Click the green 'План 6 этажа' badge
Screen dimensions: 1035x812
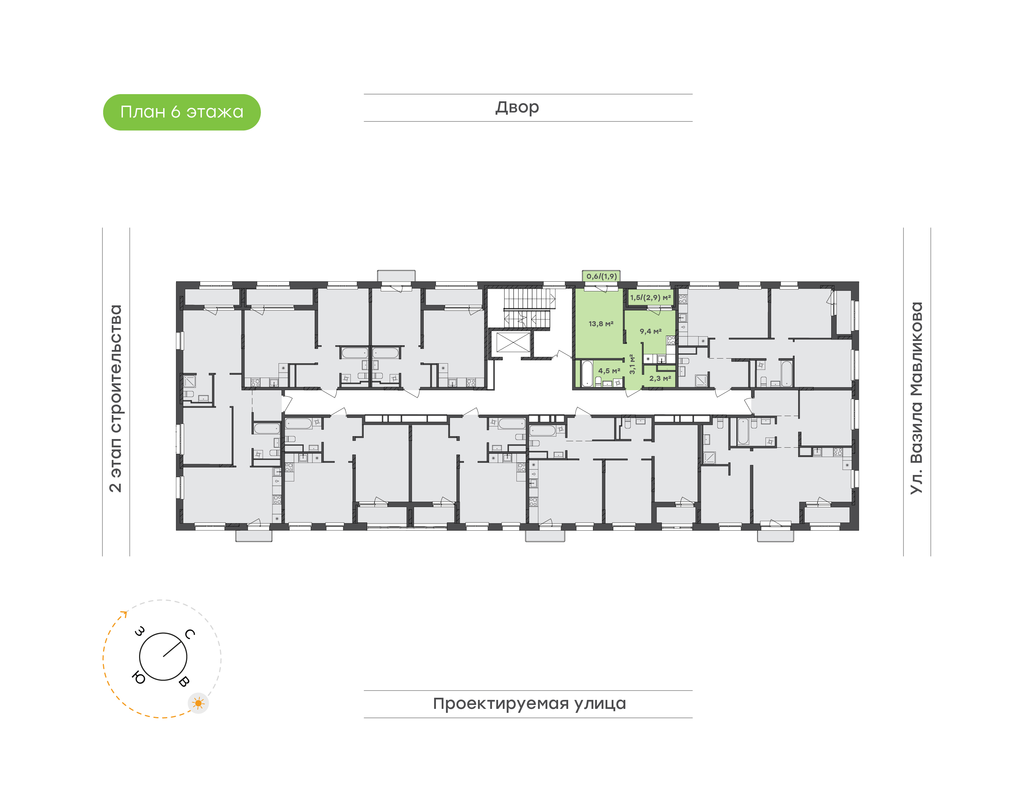pos(181,112)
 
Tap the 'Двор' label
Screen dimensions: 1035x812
pos(517,107)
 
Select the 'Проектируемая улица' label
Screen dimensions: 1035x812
pos(529,703)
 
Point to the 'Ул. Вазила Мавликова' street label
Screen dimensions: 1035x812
pos(916,398)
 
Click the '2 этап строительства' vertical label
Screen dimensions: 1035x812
pos(115,398)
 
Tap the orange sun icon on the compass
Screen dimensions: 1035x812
pos(198,703)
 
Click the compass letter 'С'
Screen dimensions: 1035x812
pos(190,634)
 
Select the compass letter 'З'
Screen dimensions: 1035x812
pos(140,631)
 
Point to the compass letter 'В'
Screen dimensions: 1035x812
pos(184,681)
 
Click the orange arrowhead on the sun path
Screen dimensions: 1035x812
pos(125,614)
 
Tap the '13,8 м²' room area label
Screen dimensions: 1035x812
pos(601,324)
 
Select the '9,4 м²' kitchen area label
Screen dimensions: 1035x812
pos(650,331)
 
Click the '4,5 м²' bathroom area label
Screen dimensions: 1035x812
pos(609,370)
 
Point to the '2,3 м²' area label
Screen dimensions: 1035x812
pos(661,378)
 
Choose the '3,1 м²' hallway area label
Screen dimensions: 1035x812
pos(632,364)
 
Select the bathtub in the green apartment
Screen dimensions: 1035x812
pos(587,374)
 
